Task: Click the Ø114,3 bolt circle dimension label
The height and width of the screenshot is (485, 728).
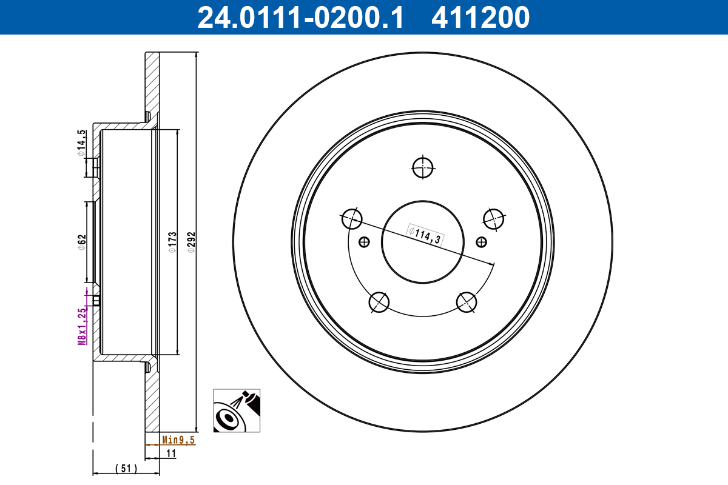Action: [x=424, y=235]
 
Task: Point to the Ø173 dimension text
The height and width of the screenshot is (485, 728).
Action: [x=172, y=242]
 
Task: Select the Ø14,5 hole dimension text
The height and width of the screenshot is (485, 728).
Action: [x=81, y=144]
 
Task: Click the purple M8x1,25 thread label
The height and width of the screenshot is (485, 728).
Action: [x=82, y=326]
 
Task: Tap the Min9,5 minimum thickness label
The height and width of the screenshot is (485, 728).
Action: [x=178, y=441]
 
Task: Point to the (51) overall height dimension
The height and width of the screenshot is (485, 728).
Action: [x=126, y=468]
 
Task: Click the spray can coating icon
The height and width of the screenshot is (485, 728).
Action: [x=237, y=410]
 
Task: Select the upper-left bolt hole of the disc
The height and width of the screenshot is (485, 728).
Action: [x=351, y=218]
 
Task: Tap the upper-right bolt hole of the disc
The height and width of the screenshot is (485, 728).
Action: [x=494, y=218]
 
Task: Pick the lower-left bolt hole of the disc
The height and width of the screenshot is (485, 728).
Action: [x=379, y=301]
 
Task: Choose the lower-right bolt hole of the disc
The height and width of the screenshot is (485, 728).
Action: [x=467, y=301]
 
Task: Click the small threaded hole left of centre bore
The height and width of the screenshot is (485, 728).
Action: [x=364, y=242]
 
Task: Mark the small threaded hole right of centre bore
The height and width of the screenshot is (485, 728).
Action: [x=482, y=242]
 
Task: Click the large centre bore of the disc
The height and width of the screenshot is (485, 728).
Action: [x=423, y=241]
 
